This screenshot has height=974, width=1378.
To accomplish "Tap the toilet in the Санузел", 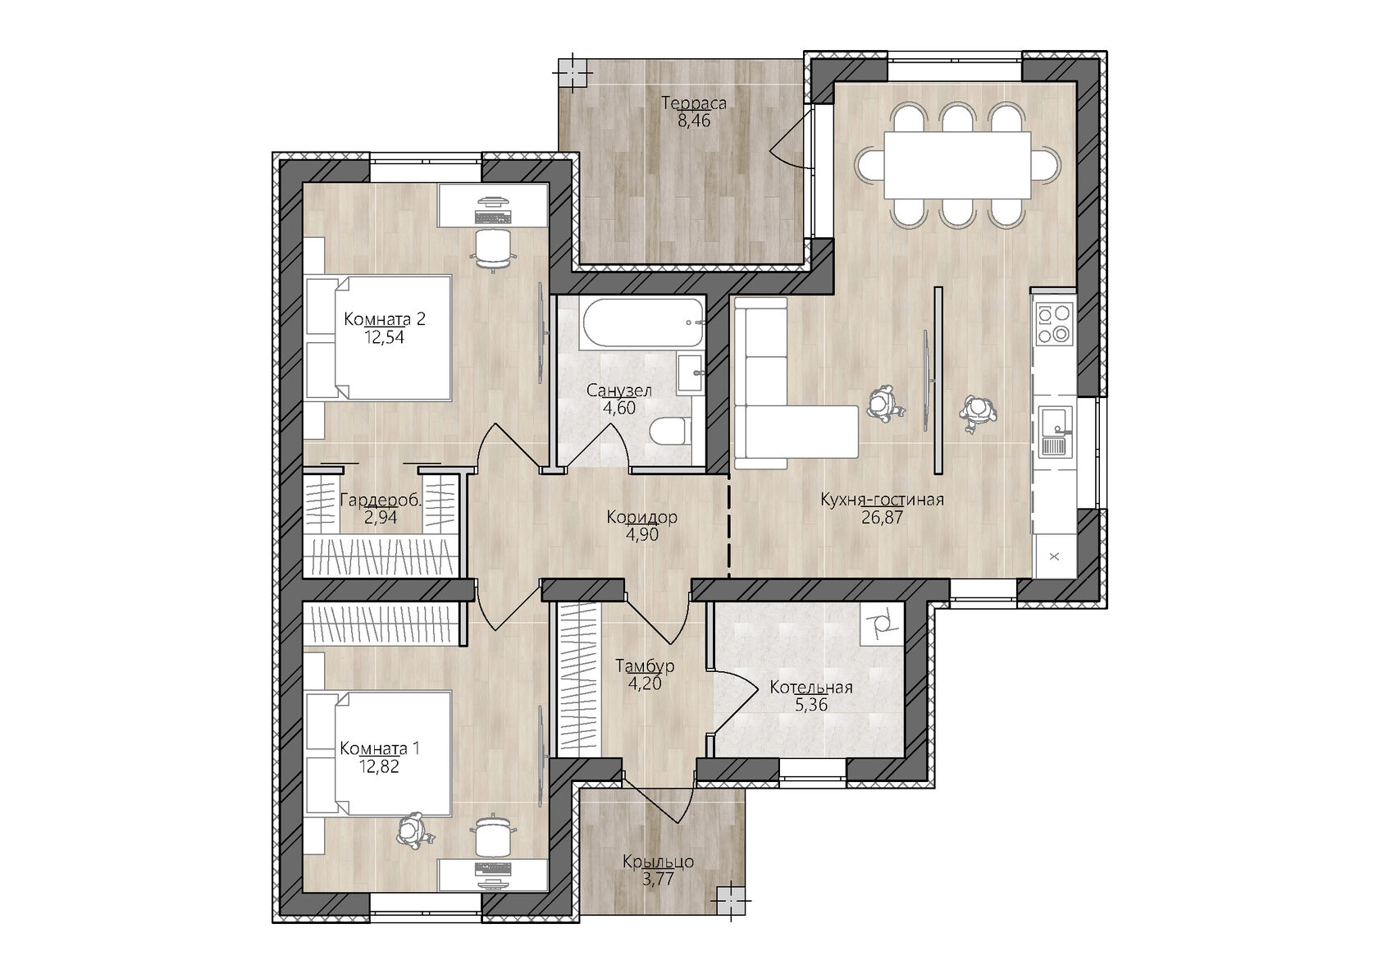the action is pyautogui.click(x=671, y=431).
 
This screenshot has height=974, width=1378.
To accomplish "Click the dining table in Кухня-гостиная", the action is pyautogui.click(x=957, y=165).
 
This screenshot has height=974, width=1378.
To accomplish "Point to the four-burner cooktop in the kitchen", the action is pyautogui.click(x=1055, y=323).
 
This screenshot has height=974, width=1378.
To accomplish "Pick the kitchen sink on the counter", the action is pyautogui.click(x=1055, y=431).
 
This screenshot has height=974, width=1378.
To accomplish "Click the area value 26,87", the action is pyautogui.click(x=883, y=518).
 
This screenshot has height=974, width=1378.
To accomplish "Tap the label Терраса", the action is pyautogui.click(x=694, y=103).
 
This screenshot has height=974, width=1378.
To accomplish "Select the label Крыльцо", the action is pyautogui.click(x=658, y=862).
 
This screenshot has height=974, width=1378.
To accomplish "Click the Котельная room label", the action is pyautogui.click(x=810, y=688).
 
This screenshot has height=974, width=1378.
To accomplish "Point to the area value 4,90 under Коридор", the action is pyautogui.click(x=641, y=534).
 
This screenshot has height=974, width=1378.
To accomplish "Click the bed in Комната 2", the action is pyautogui.click(x=378, y=338).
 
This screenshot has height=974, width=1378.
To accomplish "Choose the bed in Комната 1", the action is pyautogui.click(x=378, y=754).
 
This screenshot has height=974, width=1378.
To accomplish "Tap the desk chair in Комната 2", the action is pyautogui.click(x=493, y=249).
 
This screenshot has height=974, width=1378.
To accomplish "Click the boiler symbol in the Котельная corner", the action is pyautogui.click(x=883, y=624).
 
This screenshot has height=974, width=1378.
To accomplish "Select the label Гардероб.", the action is pyautogui.click(x=381, y=501).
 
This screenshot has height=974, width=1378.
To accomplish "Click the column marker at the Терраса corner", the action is pyautogui.click(x=573, y=72).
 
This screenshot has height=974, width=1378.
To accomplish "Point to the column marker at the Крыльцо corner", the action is pyautogui.click(x=731, y=901).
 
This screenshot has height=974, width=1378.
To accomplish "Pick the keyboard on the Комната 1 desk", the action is pyautogui.click(x=494, y=868).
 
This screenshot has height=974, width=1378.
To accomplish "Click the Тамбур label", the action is pyautogui.click(x=645, y=665).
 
